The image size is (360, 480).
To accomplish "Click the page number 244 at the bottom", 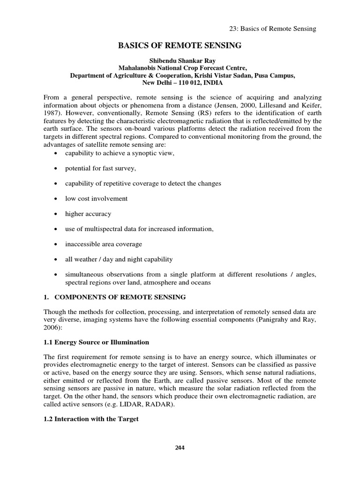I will [180, 448].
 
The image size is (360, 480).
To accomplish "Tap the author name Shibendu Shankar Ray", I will [180, 60].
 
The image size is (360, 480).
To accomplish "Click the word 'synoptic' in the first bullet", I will [141, 153].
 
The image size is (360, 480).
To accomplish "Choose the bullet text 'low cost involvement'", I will [96, 198].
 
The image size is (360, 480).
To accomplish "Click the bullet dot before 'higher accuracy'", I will [56, 214].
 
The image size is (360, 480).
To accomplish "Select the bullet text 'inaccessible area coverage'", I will [103, 244].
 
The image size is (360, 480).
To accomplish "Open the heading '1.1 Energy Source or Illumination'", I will [96, 342].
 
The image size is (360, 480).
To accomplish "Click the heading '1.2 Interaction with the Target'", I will [91, 419].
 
